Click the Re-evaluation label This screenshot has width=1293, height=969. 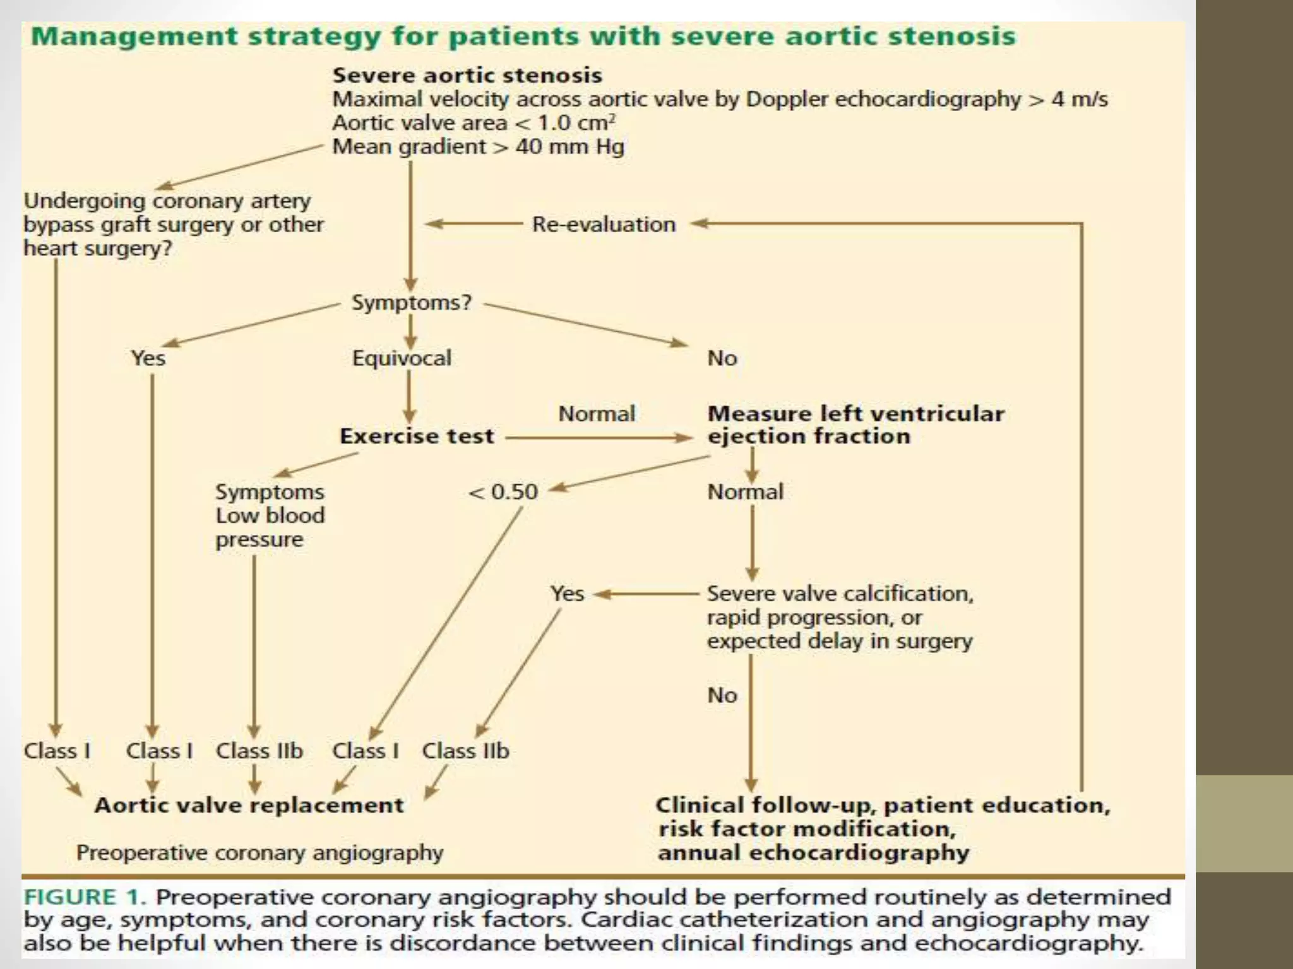coord(604,225)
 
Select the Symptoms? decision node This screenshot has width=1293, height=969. coord(411,303)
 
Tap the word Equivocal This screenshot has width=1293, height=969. coord(402,358)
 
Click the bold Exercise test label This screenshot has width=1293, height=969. coord(417,437)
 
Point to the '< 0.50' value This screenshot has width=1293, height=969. coord(503,492)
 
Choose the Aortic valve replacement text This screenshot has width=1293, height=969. coord(249,806)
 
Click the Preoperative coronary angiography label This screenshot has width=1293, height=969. coord(259,853)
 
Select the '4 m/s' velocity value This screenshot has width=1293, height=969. coord(1079,100)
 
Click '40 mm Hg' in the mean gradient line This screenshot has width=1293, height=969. coord(569,147)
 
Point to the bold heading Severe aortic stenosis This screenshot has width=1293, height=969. coord(467,76)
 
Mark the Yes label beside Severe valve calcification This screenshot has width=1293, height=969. coord(567,594)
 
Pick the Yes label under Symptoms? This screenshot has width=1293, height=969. coord(148,358)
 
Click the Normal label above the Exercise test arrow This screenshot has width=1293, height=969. coord(597,414)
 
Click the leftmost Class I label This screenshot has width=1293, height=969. coord(57,751)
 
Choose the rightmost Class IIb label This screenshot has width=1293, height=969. coord(465,751)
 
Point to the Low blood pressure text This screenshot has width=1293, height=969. coord(270,527)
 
